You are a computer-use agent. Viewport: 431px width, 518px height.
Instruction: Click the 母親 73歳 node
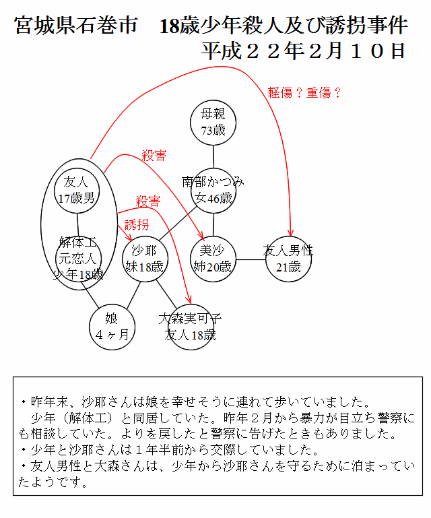tap(213, 123)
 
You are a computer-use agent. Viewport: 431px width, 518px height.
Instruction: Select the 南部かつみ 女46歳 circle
tap(213, 191)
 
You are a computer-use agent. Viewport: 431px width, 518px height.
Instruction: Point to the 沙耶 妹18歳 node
tap(145, 259)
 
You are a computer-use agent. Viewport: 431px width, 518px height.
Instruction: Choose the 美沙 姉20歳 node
tap(213, 259)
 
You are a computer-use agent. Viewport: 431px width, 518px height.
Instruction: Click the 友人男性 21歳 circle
tap(288, 259)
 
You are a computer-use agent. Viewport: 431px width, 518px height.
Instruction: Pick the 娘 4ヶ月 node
tap(112, 327)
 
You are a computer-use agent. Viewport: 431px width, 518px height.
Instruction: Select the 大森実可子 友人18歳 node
tap(191, 327)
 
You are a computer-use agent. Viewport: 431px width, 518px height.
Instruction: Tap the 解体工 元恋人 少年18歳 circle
tap(78, 259)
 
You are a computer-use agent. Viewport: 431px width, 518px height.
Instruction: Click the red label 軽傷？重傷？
tap(304, 93)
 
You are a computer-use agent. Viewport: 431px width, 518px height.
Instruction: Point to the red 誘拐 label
tap(137, 225)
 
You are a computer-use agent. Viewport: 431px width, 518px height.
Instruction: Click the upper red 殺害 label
tap(154, 156)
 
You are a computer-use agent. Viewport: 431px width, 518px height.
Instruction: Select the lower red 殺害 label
tap(148, 201)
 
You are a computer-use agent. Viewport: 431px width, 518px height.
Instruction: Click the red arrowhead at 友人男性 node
tap(290, 233)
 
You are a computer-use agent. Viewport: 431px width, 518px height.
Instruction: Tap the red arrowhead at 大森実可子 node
tap(189, 300)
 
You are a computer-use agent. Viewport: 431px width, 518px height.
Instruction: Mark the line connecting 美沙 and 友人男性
tap(251, 259)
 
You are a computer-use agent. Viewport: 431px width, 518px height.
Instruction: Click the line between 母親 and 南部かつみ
tap(213, 157)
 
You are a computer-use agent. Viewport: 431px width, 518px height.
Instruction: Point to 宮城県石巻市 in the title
tap(76, 26)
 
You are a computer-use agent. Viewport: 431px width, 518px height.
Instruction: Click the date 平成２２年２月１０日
tap(303, 51)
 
